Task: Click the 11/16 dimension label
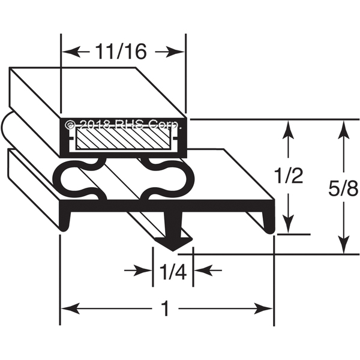121,52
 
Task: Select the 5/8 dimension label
343,188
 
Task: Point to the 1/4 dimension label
173,272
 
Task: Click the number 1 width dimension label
166,309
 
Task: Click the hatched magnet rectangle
124,139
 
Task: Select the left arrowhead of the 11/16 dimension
71,52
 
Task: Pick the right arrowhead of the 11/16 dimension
175,52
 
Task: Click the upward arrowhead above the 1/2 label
289,129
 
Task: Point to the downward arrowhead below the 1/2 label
289,224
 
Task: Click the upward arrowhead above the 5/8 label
343,129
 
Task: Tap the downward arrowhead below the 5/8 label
343,244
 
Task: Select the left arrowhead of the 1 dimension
71,309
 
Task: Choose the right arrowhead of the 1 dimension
263,309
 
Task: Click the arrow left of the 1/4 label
138,271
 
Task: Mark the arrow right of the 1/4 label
208,271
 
